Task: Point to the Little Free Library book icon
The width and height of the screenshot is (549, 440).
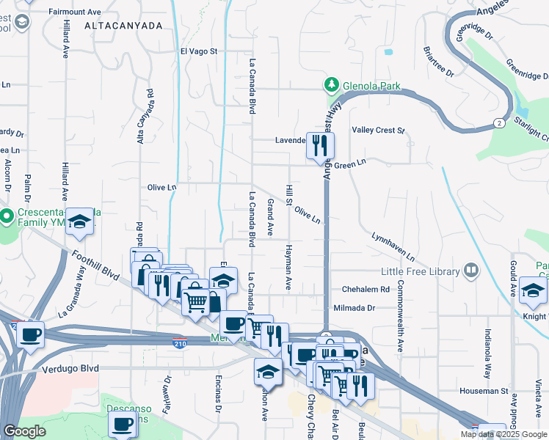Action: pyautogui.click(x=470, y=271)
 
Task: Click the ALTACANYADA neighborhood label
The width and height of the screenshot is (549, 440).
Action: pyautogui.click(x=123, y=25)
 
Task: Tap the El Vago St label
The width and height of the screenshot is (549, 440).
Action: pyautogui.click(x=200, y=51)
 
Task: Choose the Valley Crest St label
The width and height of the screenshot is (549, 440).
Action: pyautogui.click(x=379, y=131)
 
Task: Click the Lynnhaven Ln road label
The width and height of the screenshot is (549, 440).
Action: pyautogui.click(x=393, y=249)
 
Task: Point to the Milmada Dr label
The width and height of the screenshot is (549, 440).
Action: pyautogui.click(x=354, y=309)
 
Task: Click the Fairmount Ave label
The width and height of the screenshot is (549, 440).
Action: pyautogui.click(x=74, y=12)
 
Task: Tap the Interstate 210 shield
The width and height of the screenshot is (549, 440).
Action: pyautogui.click(x=179, y=342)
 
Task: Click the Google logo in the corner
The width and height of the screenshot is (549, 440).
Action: pyautogui.click(x=24, y=431)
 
